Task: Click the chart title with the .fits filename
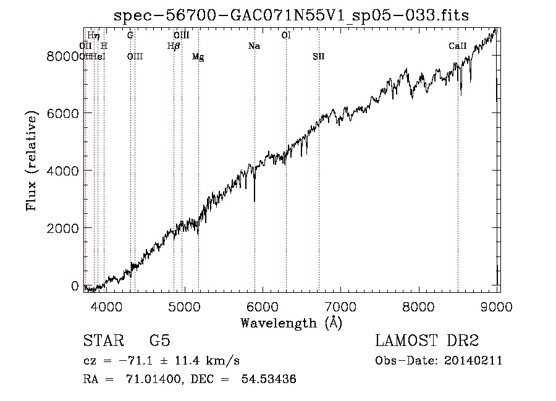click(x=291, y=16)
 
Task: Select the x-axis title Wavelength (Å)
click(x=291, y=323)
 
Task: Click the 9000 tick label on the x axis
click(x=498, y=305)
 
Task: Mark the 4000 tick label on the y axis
click(x=64, y=171)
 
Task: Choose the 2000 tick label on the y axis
click(x=64, y=228)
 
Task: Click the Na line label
click(x=254, y=46)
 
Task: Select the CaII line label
click(x=457, y=46)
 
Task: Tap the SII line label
click(x=318, y=56)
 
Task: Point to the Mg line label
click(x=198, y=57)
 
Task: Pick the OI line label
click(x=286, y=36)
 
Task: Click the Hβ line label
click(x=174, y=46)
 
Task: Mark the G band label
click(x=130, y=36)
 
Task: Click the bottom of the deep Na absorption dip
click(x=255, y=200)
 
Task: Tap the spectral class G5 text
click(x=159, y=341)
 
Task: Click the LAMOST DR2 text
click(x=426, y=341)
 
